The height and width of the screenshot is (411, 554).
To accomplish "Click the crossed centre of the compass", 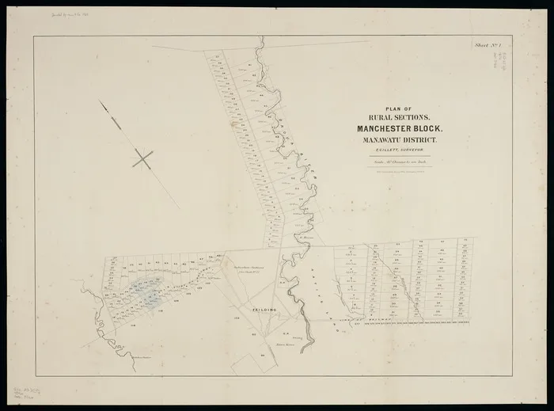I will pos(142,159).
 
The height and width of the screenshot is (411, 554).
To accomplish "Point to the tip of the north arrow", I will pos(101,101).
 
